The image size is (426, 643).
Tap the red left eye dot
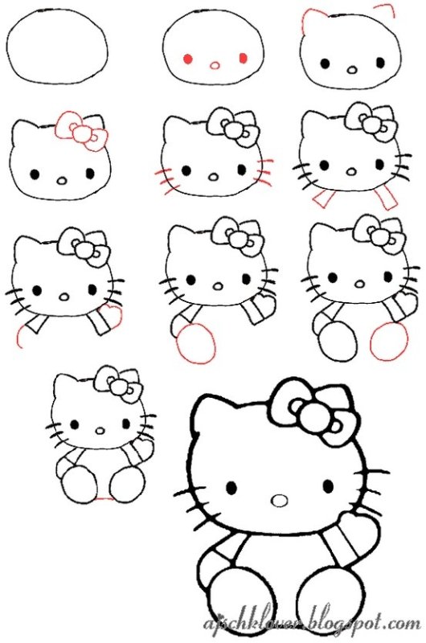[187, 59]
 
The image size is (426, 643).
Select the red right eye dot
[242, 58]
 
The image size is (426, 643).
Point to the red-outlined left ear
[313, 23]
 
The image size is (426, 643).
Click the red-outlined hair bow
[81, 130]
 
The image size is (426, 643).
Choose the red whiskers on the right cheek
[263, 172]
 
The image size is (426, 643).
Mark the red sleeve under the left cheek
[323, 197]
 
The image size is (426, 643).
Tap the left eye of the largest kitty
[231, 488]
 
